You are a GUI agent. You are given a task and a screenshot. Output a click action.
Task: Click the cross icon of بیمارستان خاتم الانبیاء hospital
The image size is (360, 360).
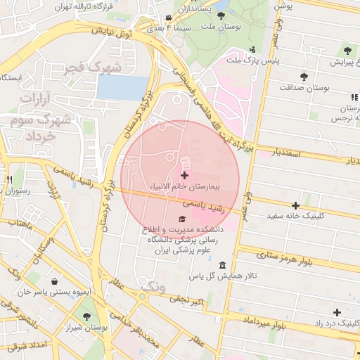coord(184,175)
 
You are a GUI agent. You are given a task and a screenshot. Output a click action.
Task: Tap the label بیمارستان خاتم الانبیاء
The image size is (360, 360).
coord(184,188)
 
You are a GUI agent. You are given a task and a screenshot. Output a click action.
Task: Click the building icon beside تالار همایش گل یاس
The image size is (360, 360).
coord(223,265)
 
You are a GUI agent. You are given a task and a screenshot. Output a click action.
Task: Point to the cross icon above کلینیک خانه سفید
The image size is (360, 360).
coord(296,206)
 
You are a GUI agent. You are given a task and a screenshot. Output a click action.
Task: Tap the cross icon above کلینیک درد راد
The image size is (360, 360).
coord(337,312)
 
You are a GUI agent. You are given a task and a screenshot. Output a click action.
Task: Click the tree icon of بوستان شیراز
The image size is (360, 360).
coord(87,318)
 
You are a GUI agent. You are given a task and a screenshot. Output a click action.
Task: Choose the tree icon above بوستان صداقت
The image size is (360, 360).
coord(304,77)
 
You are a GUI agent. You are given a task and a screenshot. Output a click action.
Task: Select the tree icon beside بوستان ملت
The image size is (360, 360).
coord(221,15)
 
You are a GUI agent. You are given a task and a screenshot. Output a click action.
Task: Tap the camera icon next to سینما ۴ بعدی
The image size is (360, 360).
coord(167,18)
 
